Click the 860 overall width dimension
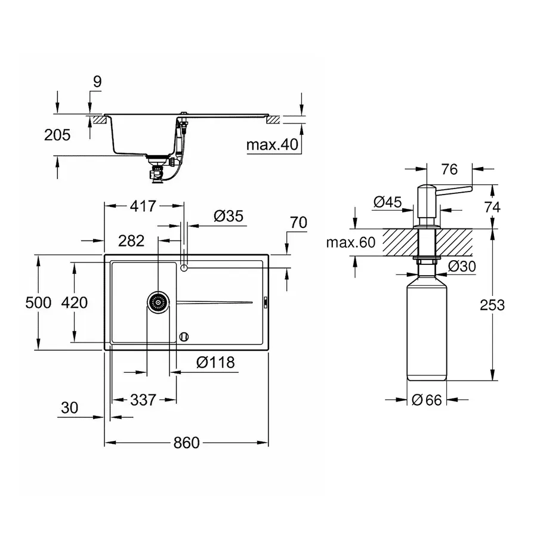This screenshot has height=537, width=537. [x=186, y=443]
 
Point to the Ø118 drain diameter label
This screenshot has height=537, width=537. [x=215, y=362]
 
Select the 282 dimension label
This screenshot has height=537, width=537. [x=131, y=240]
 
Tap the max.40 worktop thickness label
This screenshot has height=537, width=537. [x=271, y=144]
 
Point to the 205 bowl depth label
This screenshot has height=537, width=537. [x=57, y=135]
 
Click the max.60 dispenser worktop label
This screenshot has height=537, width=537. [x=351, y=242]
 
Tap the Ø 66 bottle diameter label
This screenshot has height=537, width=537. [x=427, y=400]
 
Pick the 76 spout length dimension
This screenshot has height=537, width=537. [x=449, y=169]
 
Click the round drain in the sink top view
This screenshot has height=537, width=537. [x=158, y=303]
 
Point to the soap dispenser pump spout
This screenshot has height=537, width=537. [x=456, y=190]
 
